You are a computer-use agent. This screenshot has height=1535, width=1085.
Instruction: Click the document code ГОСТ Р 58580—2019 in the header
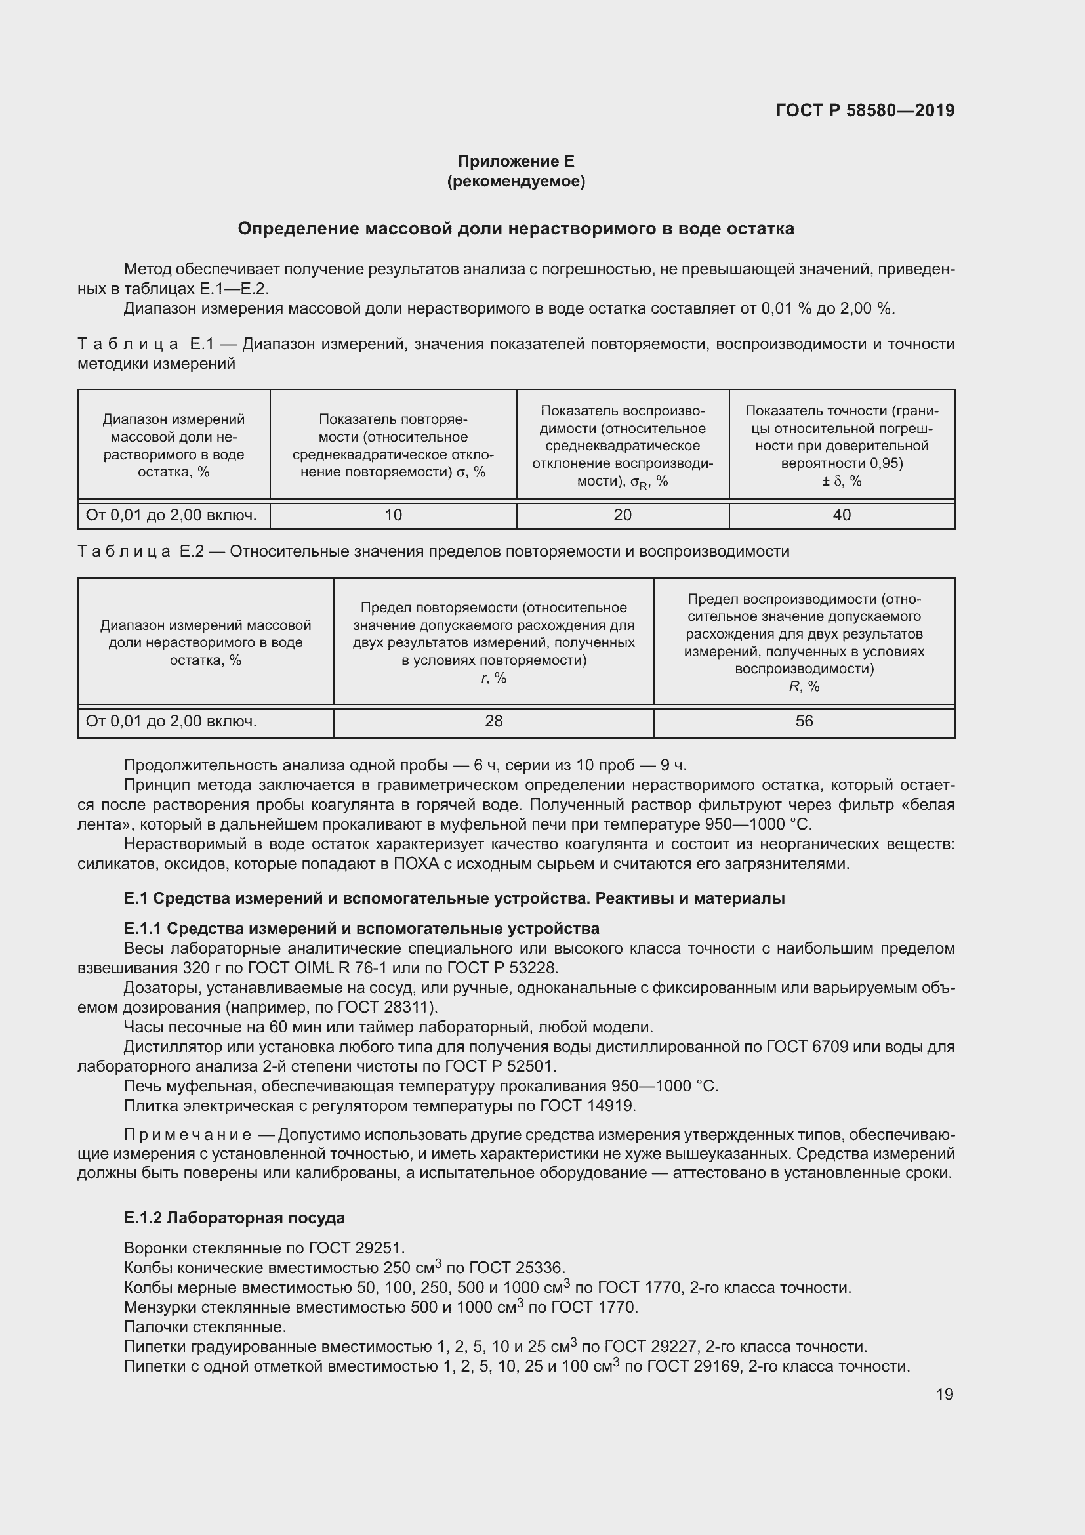click(x=865, y=110)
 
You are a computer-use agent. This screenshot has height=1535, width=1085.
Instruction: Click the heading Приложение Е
click(x=516, y=161)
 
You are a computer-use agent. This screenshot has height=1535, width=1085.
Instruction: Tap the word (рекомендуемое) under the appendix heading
click(x=516, y=181)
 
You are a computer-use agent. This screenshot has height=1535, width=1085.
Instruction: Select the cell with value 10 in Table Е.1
click(x=393, y=515)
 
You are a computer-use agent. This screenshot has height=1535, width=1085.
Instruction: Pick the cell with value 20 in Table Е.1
click(x=622, y=515)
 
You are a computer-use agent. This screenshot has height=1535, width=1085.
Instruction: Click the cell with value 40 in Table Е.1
click(x=841, y=515)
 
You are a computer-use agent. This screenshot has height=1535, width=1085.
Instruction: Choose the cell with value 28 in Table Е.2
click(x=493, y=721)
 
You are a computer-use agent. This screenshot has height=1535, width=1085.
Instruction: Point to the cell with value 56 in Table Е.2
click(x=804, y=721)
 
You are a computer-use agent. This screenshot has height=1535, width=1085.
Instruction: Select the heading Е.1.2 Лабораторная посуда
click(x=234, y=1217)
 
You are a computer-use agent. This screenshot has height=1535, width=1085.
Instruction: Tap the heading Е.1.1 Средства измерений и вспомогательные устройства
click(x=361, y=929)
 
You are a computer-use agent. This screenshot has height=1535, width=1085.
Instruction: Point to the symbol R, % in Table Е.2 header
click(x=804, y=686)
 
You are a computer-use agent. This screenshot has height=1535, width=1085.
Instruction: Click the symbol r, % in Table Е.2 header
click(x=493, y=678)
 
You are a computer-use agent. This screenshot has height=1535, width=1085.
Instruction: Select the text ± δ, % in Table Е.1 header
click(x=841, y=481)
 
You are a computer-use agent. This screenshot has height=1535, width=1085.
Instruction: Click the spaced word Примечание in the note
click(x=187, y=1135)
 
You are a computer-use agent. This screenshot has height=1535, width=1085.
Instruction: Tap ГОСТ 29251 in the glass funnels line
click(x=356, y=1248)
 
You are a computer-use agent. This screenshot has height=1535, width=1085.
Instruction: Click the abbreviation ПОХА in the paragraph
click(x=417, y=864)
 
